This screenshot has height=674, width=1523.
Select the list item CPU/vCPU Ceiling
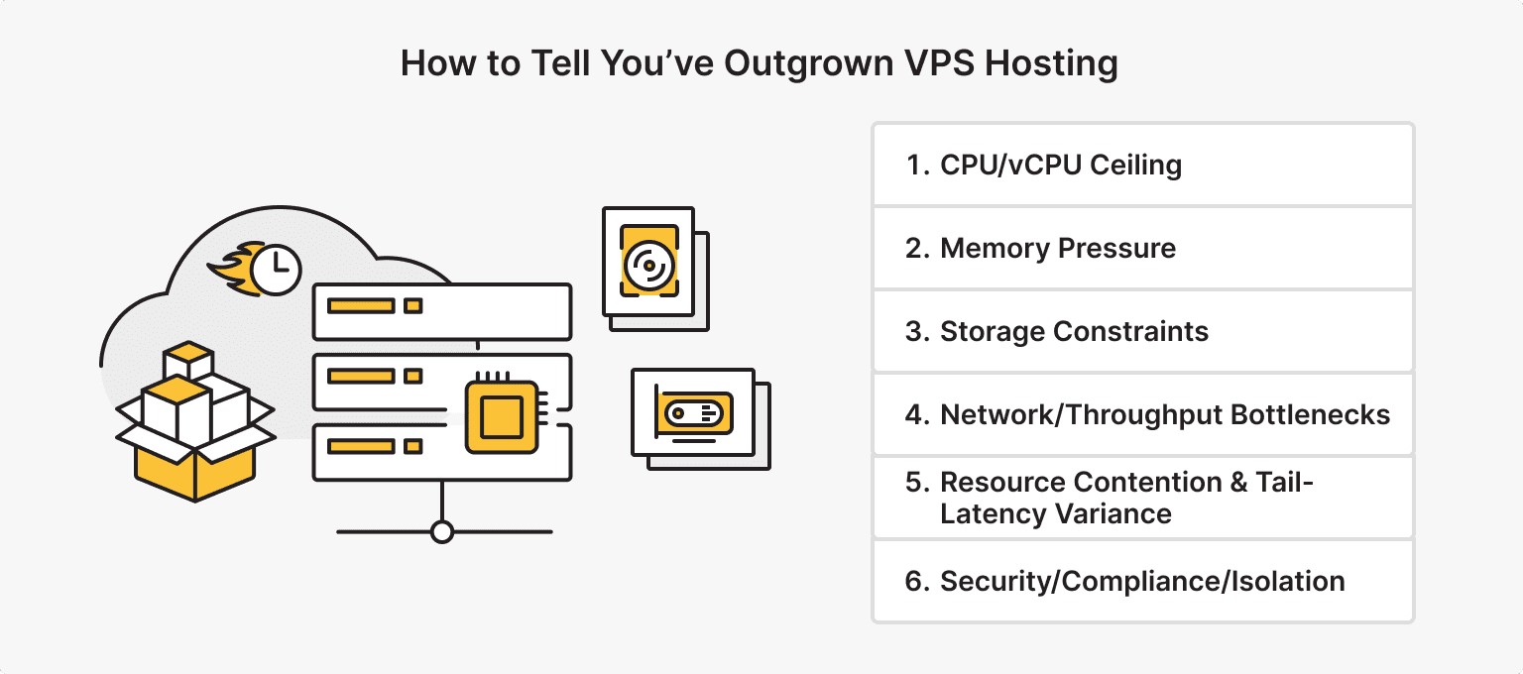(x=1143, y=165)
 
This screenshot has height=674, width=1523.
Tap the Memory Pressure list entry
(x=1143, y=248)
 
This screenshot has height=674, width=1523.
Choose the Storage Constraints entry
(x=1143, y=331)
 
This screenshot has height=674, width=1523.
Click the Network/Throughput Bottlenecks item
(x=1143, y=414)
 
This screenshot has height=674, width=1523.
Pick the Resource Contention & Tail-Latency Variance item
(x=1143, y=498)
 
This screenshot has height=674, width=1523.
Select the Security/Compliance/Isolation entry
(x=1143, y=581)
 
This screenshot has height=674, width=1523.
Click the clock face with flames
(x=277, y=269)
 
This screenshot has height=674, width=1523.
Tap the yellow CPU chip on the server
(x=501, y=416)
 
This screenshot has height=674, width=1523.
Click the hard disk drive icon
(x=648, y=263)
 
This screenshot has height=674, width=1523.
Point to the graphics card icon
(x=694, y=412)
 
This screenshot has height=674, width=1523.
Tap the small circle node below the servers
(x=442, y=532)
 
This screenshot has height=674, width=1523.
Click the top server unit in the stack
(x=442, y=310)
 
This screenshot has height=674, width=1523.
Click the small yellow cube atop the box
(x=188, y=359)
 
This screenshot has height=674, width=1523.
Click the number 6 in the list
(x=913, y=581)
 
